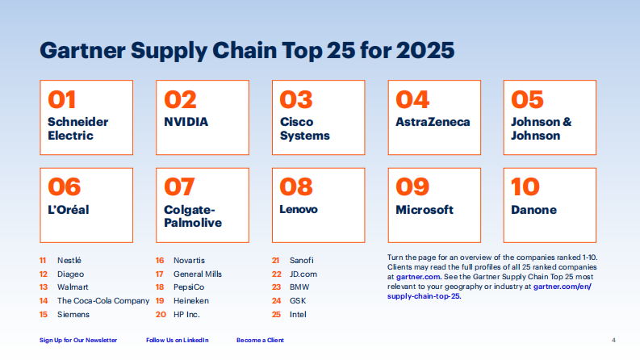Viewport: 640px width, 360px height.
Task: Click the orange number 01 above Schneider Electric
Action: (62, 99)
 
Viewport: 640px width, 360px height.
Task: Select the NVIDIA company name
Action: (186, 122)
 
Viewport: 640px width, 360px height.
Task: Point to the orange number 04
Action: (412, 99)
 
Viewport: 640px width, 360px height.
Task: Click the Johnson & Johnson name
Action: (541, 128)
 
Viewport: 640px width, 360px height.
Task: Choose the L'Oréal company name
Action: (68, 209)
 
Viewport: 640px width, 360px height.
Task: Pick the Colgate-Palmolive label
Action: (192, 216)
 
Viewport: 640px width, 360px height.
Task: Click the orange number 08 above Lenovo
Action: (296, 186)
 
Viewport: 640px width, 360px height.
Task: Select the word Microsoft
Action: (425, 209)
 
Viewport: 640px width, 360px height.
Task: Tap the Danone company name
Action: (533, 209)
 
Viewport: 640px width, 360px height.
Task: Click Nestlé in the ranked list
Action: (69, 261)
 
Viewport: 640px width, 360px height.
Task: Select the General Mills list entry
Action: (198, 274)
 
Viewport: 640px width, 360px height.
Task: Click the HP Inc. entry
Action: (186, 314)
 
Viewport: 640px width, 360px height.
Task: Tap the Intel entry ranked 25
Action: (298, 314)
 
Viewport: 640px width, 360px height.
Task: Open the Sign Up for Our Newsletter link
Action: (78, 340)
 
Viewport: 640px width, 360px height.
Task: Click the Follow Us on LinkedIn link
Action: (177, 340)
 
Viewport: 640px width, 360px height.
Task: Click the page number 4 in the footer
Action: (613, 340)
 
